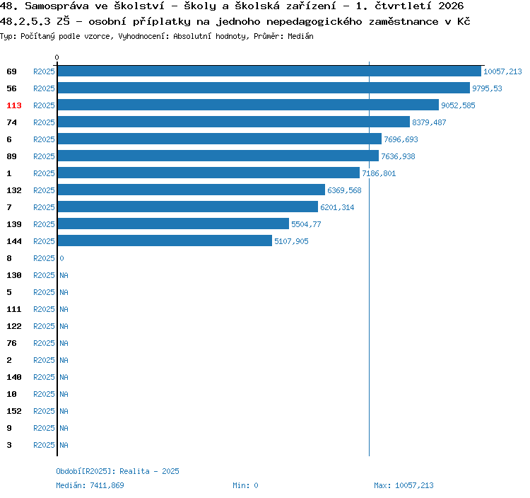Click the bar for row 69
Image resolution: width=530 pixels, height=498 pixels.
269,71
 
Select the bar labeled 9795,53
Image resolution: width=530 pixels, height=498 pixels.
264,88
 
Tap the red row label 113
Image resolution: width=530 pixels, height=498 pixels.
14,105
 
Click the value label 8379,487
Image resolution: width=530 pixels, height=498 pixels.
429,122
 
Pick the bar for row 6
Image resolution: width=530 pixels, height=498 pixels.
220,139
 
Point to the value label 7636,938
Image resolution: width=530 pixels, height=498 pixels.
398,156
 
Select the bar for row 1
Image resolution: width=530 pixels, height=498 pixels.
208,173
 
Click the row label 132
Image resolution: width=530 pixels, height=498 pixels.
14,190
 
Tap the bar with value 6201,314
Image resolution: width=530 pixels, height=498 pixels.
188,207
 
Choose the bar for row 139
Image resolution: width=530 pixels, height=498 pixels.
173,224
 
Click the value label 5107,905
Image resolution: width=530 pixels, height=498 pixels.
291,241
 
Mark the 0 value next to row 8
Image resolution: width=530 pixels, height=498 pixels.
62,258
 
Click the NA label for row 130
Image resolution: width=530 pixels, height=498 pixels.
64,275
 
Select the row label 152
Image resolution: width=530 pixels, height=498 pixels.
14,411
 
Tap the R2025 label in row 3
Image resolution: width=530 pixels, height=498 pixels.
44,445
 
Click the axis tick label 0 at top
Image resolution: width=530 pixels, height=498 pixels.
57,57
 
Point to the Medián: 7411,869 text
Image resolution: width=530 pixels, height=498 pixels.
90,485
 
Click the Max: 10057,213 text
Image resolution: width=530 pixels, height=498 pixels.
404,485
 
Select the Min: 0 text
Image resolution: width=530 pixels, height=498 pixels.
245,485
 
